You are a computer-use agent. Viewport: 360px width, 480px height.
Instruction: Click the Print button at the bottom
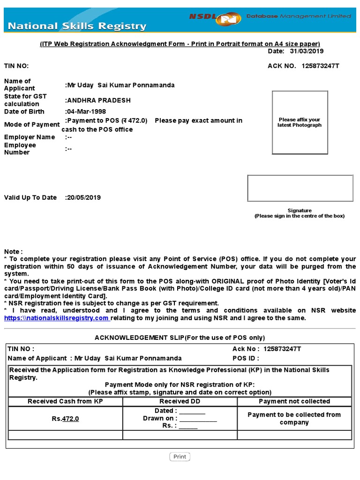click(x=180, y=457)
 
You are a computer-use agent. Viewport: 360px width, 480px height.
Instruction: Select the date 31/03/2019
click(x=307, y=51)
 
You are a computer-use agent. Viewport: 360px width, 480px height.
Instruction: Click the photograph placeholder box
click(x=300, y=122)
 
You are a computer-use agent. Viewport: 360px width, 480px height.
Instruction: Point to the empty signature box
click(x=300, y=188)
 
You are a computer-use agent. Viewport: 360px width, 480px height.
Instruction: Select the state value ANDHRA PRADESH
click(x=99, y=100)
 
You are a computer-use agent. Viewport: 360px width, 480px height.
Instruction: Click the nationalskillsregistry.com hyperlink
click(x=57, y=318)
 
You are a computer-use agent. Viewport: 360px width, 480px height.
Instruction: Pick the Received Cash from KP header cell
click(x=65, y=401)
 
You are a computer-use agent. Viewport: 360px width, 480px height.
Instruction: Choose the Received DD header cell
click(x=180, y=401)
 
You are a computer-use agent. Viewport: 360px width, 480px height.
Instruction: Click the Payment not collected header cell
click(x=294, y=401)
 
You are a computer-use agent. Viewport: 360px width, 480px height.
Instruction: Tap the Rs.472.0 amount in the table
click(x=65, y=419)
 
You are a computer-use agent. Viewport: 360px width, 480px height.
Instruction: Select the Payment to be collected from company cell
click(x=294, y=419)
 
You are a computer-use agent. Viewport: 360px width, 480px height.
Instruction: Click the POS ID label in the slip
click(x=246, y=358)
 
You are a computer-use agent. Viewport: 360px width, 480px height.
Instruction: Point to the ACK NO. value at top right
click(x=320, y=66)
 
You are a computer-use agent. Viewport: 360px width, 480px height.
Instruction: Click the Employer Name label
click(x=30, y=137)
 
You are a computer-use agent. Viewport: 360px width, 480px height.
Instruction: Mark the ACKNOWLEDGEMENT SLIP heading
click(x=180, y=337)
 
